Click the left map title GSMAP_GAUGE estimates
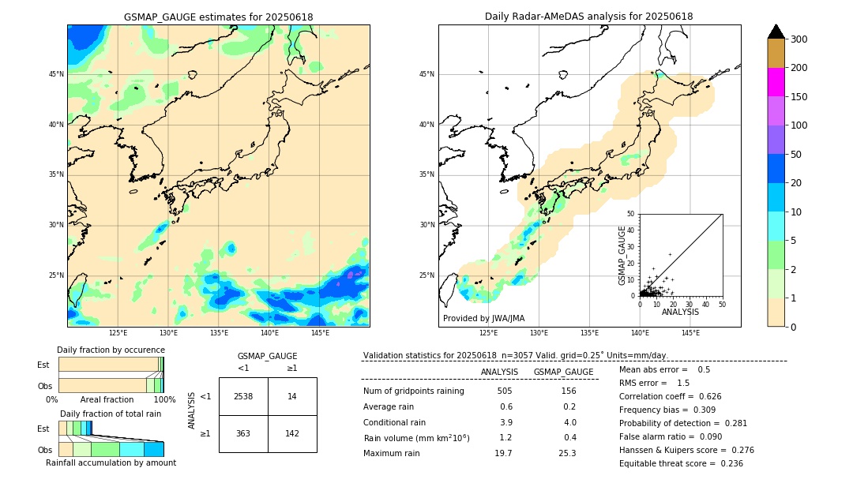[x=218, y=17]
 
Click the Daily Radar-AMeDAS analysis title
[x=589, y=17]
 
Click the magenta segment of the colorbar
[x=776, y=82]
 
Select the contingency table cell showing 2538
[x=243, y=396]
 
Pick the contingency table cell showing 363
[x=243, y=433]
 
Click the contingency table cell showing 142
[x=292, y=433]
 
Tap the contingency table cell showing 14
[x=292, y=396]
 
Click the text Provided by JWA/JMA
[x=483, y=319]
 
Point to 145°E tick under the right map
[x=690, y=333]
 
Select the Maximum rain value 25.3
[x=567, y=453]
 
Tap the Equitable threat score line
[x=681, y=463]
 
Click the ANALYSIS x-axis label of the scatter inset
[x=680, y=313]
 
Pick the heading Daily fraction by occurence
[x=111, y=350]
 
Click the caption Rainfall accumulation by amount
[x=111, y=462]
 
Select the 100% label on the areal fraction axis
[x=164, y=400]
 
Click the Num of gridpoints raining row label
[x=413, y=391]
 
